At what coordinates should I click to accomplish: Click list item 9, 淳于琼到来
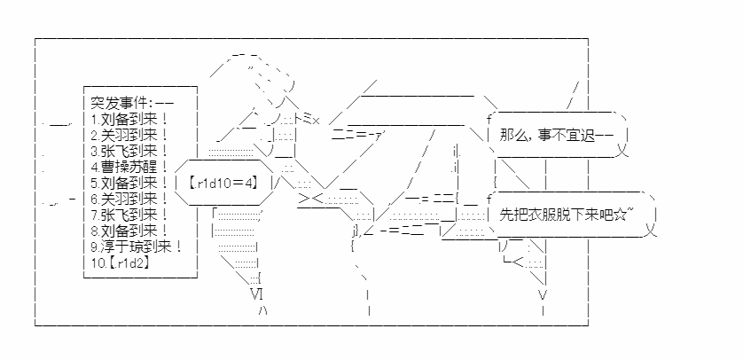click(x=137, y=247)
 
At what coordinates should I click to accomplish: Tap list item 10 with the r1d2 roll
click(x=121, y=263)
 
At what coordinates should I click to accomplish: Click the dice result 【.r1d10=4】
click(x=223, y=183)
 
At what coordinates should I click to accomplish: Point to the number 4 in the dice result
click(x=249, y=183)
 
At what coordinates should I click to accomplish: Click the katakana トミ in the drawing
click(x=302, y=119)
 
